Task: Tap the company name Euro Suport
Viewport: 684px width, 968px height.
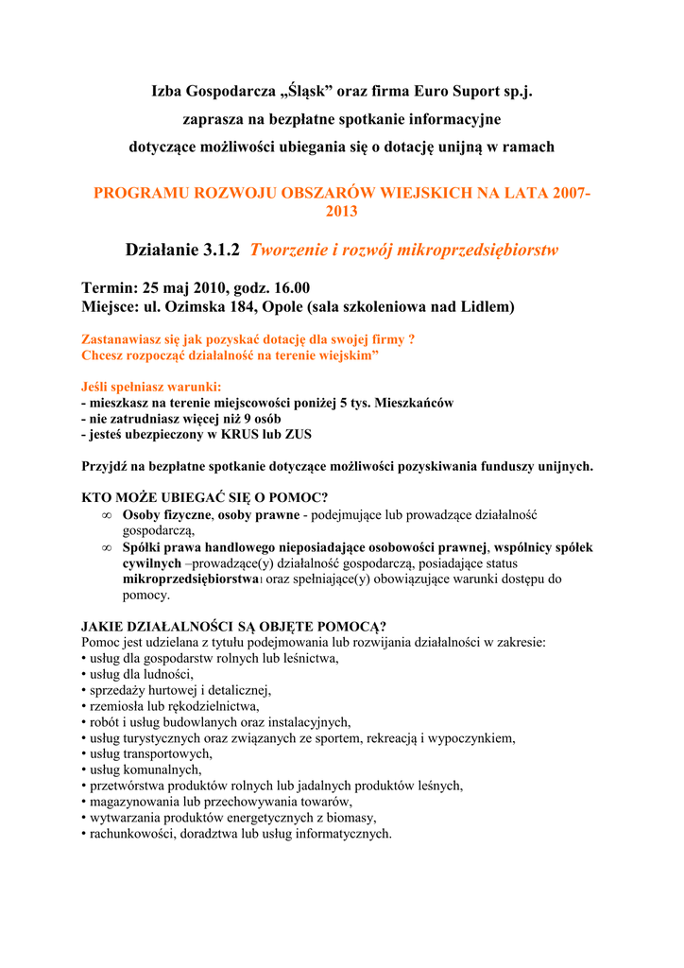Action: pos(454,92)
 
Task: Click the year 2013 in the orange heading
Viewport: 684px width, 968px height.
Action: pos(341,212)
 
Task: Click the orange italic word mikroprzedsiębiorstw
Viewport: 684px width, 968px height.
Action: pos(478,251)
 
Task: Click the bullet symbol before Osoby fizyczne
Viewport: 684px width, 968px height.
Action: pos(107,515)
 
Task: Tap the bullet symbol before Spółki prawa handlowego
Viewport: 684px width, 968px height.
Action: pos(107,547)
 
